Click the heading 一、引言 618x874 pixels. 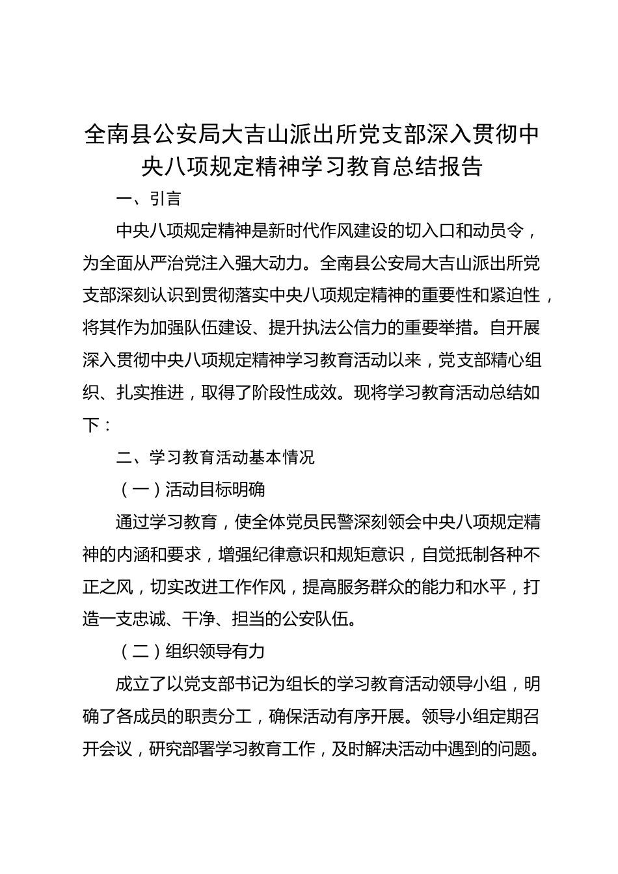tap(148, 198)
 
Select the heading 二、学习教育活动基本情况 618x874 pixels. tap(215, 457)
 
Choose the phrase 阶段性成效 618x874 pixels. tap(294, 393)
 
